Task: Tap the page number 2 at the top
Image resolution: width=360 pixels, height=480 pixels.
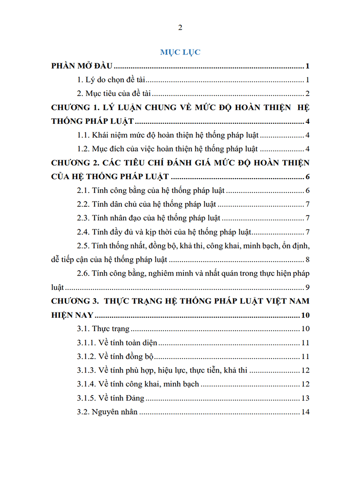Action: tap(180, 27)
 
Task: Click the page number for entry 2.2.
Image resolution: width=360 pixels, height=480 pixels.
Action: tap(307, 205)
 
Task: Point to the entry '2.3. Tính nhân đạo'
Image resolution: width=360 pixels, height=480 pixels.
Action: tap(148, 218)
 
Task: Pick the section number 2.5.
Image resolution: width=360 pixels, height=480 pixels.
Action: tap(83, 246)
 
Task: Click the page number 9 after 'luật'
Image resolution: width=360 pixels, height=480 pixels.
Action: tap(307, 288)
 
